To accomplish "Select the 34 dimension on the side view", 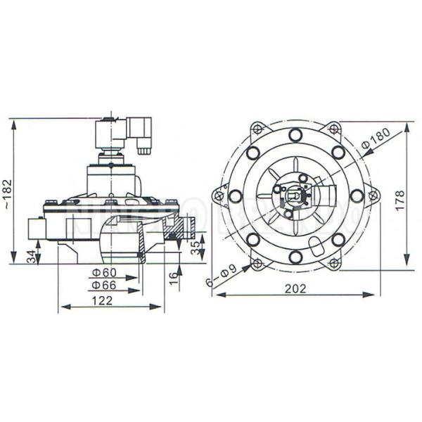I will tap(30, 255).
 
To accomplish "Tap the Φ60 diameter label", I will tap(103, 273).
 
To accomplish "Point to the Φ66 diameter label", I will tap(103, 285).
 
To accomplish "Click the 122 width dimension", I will tap(103, 300).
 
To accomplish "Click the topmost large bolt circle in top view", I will tap(296, 135).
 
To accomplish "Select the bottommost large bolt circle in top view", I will tap(296, 257).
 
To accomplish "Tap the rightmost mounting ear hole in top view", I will tap(373, 195).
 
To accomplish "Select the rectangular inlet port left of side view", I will tap(35, 229).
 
